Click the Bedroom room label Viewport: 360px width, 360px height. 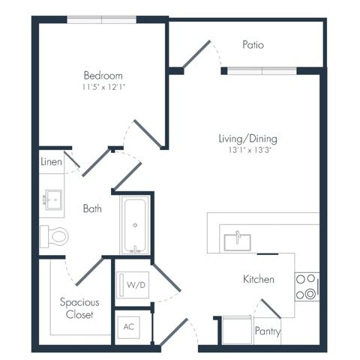coord(103,76)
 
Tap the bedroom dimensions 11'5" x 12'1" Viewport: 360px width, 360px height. coord(103,87)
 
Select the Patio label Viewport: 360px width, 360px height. coord(253,45)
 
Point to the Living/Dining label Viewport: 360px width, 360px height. coord(247,139)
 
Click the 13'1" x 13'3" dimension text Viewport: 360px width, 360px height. coord(250,150)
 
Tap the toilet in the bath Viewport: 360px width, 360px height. coord(54,236)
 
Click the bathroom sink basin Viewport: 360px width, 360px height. coord(53,200)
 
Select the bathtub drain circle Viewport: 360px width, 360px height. coord(135,225)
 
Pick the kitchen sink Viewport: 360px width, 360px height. coord(237,242)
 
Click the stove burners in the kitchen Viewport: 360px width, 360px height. coord(307,286)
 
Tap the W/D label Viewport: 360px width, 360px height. coord(136,285)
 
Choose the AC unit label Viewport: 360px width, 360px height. coord(129,327)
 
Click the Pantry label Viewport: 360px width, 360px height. coord(268,331)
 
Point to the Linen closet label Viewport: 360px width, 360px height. coord(51,162)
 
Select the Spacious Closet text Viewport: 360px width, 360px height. coord(79,308)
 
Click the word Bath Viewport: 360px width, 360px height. coord(92,208)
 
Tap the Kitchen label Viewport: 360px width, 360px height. coord(259,279)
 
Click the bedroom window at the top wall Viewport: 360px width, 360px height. coord(102,19)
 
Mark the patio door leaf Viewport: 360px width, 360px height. coord(196,54)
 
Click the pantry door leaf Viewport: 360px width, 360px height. coord(271,308)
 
